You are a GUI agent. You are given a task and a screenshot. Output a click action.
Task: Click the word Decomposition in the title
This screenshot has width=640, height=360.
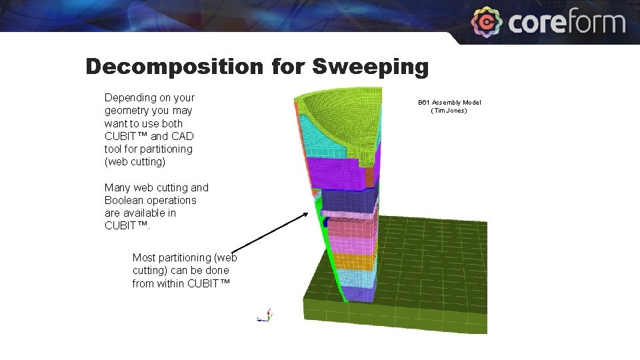pos(175,67)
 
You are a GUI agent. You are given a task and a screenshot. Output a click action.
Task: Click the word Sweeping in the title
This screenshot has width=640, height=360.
pos(371,67)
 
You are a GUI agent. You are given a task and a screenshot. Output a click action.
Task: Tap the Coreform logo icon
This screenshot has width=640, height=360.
pos(487,22)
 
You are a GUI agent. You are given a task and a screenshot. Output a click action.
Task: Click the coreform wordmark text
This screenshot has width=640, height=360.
pos(567,23)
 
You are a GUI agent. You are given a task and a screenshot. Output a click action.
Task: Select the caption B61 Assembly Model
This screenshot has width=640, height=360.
pos(449,102)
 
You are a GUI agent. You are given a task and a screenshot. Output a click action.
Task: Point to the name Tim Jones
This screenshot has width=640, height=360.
pos(449,111)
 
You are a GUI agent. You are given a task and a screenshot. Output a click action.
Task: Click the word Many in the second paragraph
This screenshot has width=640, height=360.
pos(117,187)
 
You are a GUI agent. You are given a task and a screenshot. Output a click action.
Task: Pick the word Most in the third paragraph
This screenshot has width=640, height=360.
pos(144,257)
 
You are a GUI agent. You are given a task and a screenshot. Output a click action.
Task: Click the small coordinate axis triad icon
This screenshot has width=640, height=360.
pos(266,315)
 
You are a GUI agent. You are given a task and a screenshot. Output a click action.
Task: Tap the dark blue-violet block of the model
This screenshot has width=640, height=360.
pos(347,200)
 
